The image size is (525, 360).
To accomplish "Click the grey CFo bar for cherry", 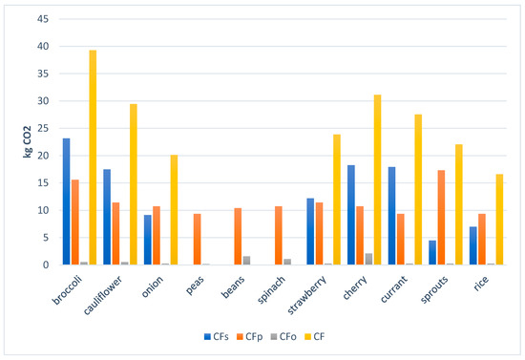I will pos(368,259).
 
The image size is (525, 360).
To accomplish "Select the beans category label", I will pos(233,283).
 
